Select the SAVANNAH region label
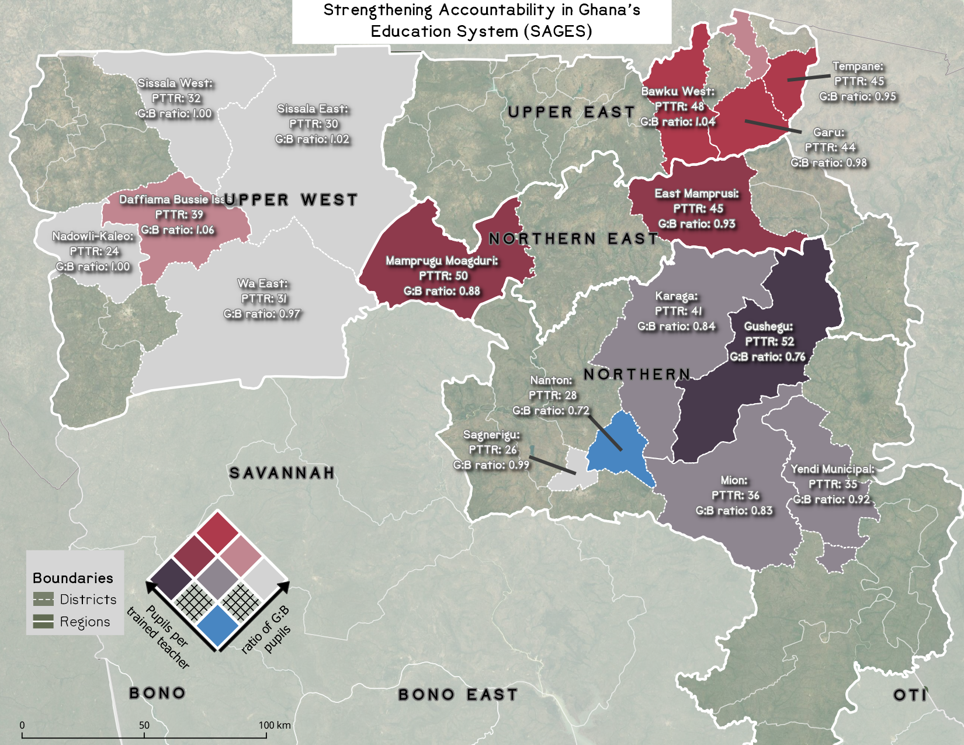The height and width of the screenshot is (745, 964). click(282, 473)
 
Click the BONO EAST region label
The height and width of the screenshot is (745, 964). click(458, 695)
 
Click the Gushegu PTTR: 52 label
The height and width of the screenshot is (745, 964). click(769, 342)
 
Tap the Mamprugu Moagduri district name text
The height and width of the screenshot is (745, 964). click(442, 261)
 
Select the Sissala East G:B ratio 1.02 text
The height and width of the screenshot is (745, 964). click(313, 139)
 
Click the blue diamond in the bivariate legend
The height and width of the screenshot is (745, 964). click(217, 626)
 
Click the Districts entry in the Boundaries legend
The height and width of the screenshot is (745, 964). click(88, 600)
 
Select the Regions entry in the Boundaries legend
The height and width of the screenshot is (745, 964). click(85, 622)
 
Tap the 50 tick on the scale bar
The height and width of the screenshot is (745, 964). click(144, 725)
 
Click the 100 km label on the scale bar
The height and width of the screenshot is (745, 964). click(275, 725)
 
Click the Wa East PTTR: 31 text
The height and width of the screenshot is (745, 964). click(263, 299)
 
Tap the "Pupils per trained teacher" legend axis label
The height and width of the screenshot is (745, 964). click(158, 637)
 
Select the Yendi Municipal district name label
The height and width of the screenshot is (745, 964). click(833, 469)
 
